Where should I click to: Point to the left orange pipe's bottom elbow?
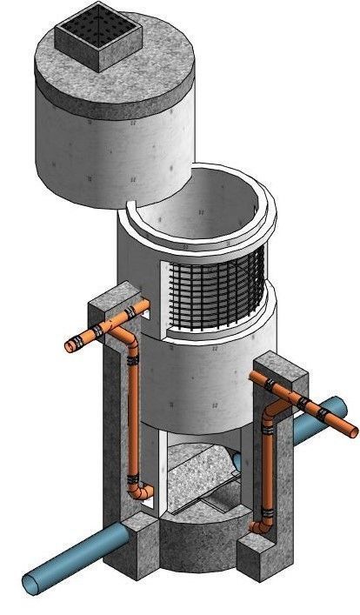pyautogui.click(x=139, y=493)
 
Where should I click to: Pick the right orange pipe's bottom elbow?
pyautogui.click(x=258, y=525)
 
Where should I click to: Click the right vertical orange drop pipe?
pyautogui.click(x=263, y=470)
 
